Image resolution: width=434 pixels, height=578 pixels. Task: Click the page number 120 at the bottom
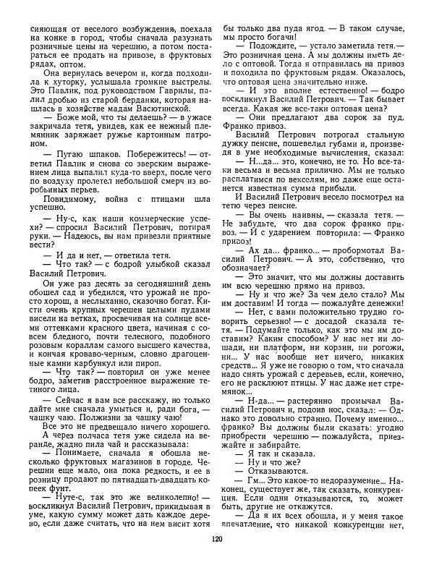pos(217,558)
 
